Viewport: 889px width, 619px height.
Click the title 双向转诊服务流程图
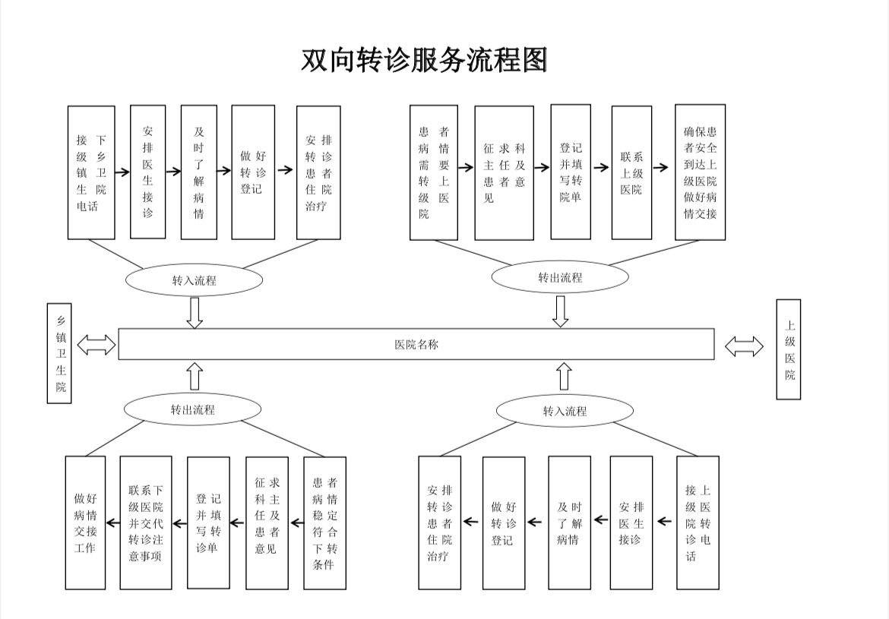point(424,60)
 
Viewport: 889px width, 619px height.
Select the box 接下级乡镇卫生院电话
point(91,172)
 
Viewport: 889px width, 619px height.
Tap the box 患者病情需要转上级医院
point(434,172)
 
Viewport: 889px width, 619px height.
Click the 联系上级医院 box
point(631,172)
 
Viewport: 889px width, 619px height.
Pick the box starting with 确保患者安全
point(700,172)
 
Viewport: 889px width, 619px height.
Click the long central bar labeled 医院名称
point(416,344)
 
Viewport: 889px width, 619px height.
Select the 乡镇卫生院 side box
point(59,353)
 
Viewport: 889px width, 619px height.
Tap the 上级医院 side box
point(788,349)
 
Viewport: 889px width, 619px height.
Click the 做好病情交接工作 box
point(85,523)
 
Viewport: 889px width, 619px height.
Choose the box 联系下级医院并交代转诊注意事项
point(146,523)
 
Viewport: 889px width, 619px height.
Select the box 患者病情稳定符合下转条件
point(324,523)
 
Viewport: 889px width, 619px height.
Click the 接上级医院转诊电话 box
point(698,523)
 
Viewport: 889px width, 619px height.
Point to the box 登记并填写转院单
point(571,172)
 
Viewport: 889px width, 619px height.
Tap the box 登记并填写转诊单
point(208,523)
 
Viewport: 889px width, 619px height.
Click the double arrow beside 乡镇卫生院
point(96,346)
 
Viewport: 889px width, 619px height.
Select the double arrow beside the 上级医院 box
point(744,347)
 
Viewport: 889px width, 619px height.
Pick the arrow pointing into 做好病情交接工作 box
point(112,523)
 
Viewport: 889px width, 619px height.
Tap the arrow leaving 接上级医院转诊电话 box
point(665,521)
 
